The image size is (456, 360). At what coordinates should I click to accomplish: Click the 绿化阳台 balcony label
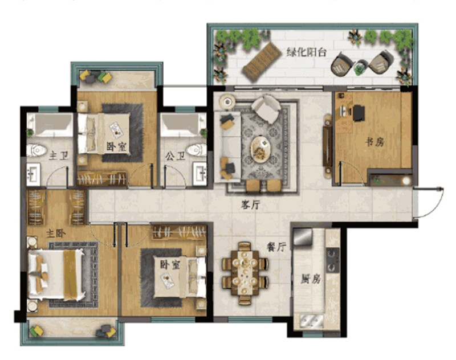306,52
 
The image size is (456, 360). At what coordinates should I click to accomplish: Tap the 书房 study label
374,142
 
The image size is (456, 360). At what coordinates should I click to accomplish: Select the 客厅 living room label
250,205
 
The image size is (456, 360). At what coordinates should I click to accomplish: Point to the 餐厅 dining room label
276,247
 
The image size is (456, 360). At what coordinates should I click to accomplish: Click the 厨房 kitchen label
311,279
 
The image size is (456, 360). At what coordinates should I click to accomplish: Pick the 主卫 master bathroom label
59,156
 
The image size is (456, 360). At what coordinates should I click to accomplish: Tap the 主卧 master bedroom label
56,234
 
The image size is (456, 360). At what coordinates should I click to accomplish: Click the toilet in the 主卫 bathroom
36,150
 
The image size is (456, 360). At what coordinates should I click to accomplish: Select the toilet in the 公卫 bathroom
197,150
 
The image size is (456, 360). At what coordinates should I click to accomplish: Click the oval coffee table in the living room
261,149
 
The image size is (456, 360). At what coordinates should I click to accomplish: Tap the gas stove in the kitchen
332,260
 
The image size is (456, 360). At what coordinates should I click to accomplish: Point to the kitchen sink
309,321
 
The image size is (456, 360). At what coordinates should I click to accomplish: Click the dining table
245,272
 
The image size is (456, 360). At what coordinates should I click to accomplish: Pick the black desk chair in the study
359,113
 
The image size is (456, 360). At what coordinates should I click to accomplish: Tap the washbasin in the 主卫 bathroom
34,174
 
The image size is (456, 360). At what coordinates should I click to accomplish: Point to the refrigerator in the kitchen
303,237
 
